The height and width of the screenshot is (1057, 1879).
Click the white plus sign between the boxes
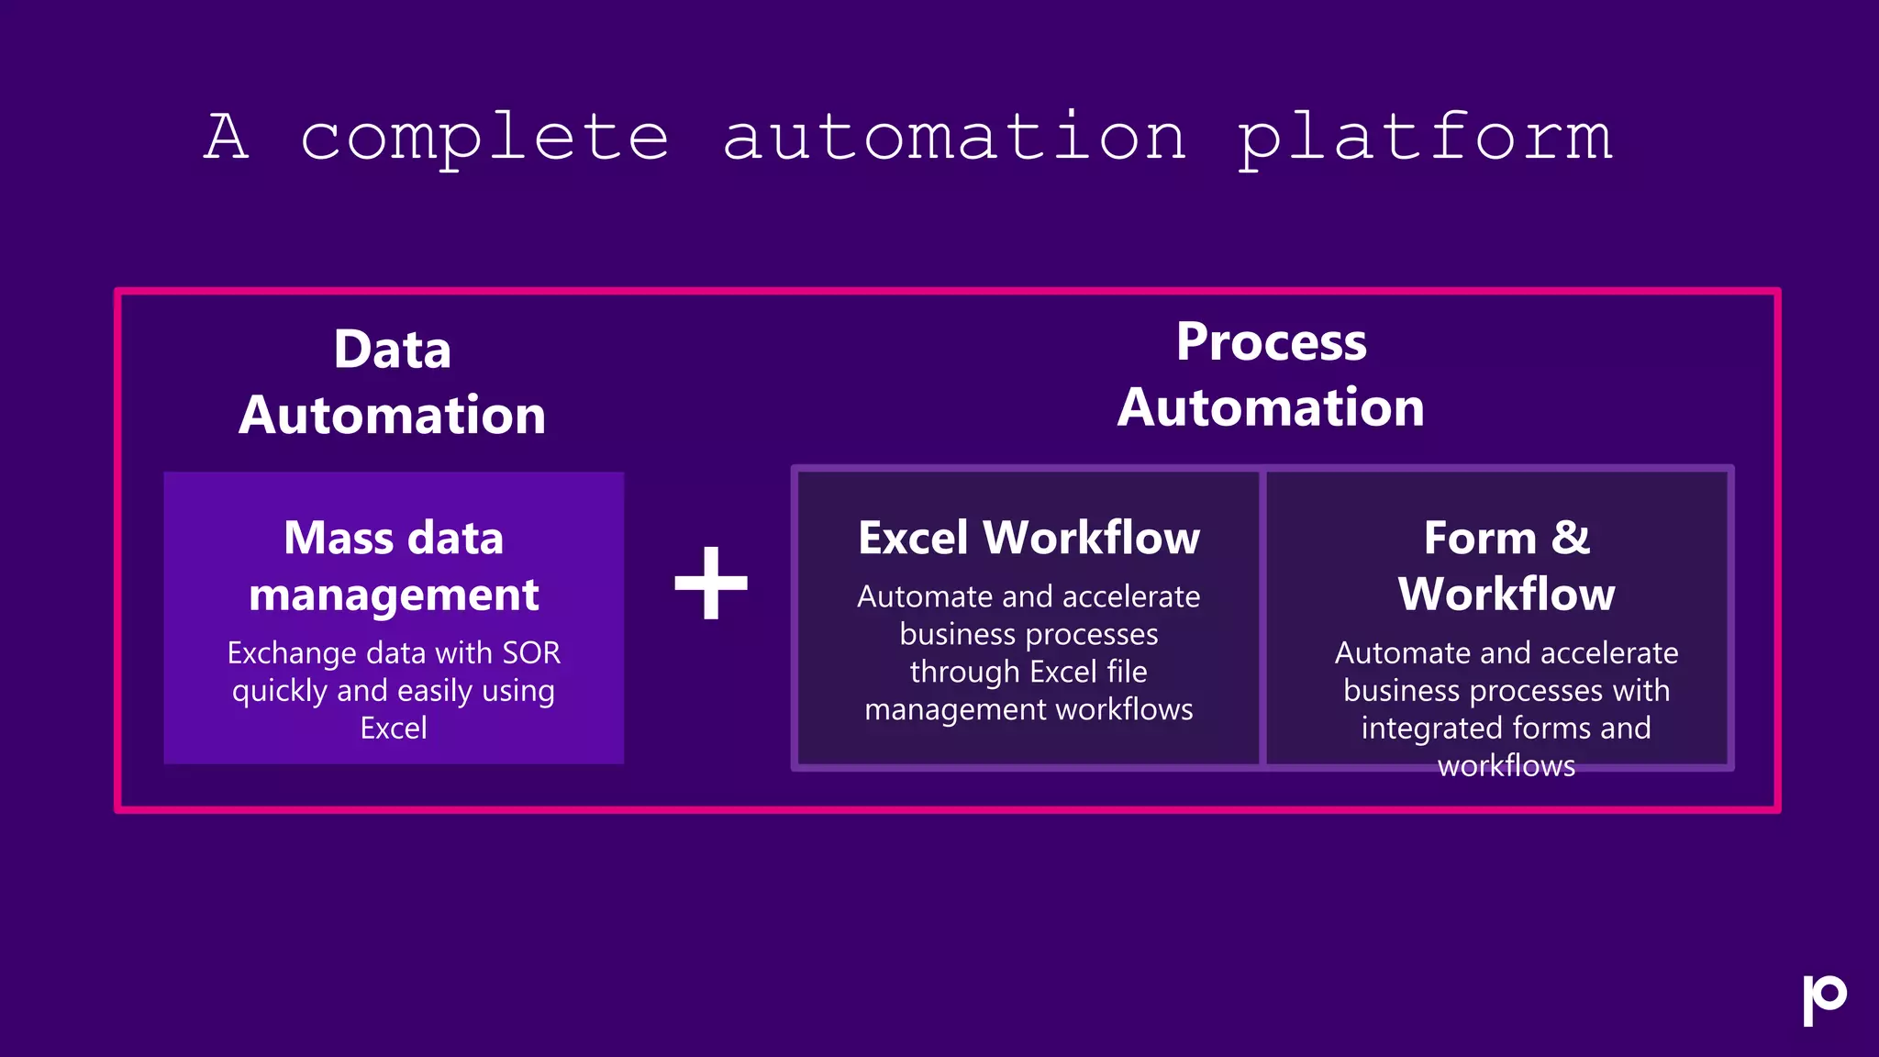click(711, 583)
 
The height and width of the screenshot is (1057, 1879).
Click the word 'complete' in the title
click(484, 138)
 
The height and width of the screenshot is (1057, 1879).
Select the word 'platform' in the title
click(1425, 138)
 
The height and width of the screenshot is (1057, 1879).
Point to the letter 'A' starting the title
click(227, 138)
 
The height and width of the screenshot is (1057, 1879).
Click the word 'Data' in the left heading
click(393, 350)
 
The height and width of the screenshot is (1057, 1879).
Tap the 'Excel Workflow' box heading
click(1028, 538)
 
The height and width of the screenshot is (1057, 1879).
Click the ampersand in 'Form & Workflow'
click(1570, 538)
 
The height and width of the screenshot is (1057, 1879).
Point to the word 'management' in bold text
click(394, 595)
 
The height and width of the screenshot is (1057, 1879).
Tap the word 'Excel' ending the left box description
click(394, 729)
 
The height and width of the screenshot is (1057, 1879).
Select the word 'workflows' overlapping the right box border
click(1507, 766)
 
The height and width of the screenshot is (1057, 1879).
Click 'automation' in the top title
click(954, 138)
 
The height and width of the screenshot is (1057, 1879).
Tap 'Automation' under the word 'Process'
click(1272, 407)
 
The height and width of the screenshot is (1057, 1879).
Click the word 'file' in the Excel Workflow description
click(1127, 672)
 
